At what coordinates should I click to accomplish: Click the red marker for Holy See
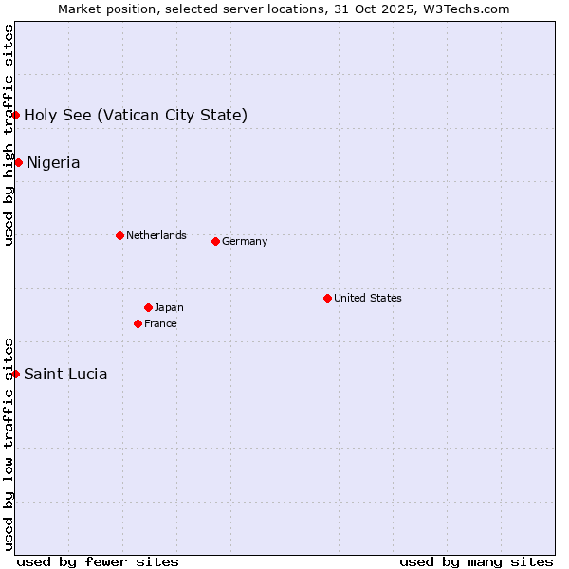pyautogui.click(x=16, y=115)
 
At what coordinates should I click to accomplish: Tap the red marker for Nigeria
pyautogui.click(x=18, y=162)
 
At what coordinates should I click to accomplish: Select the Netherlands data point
pyautogui.click(x=119, y=235)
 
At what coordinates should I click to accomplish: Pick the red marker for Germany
pyautogui.click(x=215, y=241)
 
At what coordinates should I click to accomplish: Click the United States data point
pyautogui.click(x=327, y=298)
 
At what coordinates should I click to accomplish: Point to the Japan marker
pyautogui.click(x=148, y=307)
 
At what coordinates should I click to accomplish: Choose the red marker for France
pyautogui.click(x=138, y=323)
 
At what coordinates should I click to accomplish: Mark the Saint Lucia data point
pyautogui.click(x=16, y=374)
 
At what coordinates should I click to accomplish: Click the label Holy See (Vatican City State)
pyautogui.click(x=136, y=116)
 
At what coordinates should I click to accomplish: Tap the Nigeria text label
pyautogui.click(x=53, y=163)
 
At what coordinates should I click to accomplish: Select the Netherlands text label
pyautogui.click(x=156, y=235)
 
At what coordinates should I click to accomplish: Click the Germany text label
pyautogui.click(x=245, y=241)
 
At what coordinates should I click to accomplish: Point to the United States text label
pyautogui.click(x=368, y=298)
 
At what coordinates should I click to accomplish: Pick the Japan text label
pyautogui.click(x=169, y=307)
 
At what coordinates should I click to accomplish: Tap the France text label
pyautogui.click(x=160, y=323)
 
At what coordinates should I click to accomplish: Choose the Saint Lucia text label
pyautogui.click(x=65, y=375)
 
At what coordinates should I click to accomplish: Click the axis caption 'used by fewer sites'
pyautogui.click(x=98, y=561)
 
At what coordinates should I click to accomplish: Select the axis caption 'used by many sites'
pyautogui.click(x=476, y=561)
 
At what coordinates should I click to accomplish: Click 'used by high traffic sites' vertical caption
pyautogui.click(x=9, y=135)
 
